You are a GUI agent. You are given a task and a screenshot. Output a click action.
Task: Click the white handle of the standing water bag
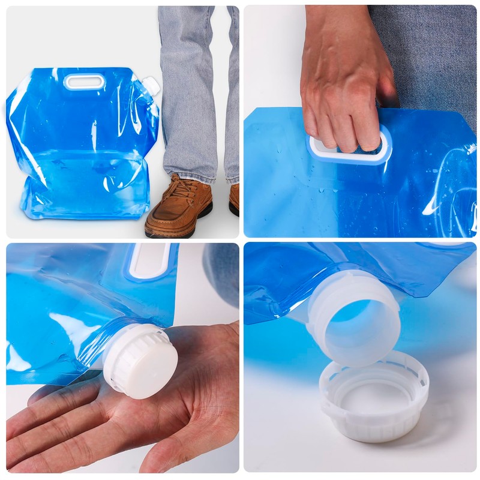(84, 82)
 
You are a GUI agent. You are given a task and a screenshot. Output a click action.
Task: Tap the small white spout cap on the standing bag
(152, 86)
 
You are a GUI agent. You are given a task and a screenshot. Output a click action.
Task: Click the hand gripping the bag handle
(342, 90)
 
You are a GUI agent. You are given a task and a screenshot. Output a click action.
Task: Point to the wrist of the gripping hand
(336, 24)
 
